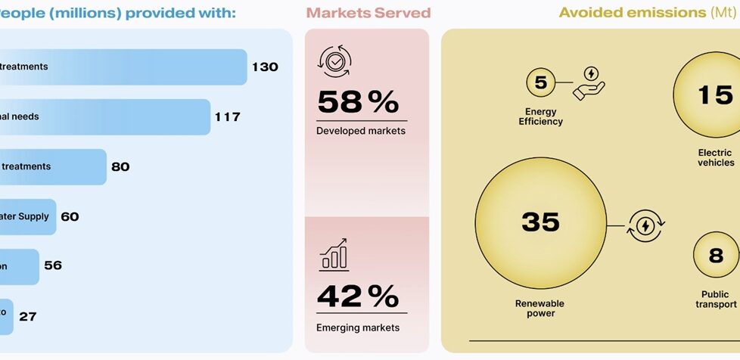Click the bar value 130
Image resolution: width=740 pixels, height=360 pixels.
click(x=265, y=67)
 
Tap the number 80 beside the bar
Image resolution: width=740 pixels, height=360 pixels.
click(x=120, y=166)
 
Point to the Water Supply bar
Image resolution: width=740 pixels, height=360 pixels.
click(x=26, y=216)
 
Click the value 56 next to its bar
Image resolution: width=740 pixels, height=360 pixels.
click(x=53, y=265)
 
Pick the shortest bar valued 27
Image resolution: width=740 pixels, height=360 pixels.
click(x=6, y=316)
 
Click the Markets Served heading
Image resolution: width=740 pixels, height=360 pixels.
click(x=368, y=13)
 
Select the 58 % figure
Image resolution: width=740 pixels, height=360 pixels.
click(x=358, y=103)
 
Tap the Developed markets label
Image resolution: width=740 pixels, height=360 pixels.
click(x=361, y=131)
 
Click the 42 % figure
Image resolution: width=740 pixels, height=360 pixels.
click(x=358, y=296)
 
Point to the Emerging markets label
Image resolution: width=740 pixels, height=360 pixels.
click(x=358, y=327)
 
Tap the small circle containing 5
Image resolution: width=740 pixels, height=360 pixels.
click(x=541, y=83)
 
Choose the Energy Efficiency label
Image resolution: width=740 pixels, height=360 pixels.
click(x=540, y=116)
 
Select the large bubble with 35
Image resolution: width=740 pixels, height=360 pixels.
click(x=540, y=221)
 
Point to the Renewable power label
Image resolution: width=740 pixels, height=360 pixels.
click(x=540, y=309)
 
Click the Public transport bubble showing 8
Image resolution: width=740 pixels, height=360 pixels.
click(x=716, y=256)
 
